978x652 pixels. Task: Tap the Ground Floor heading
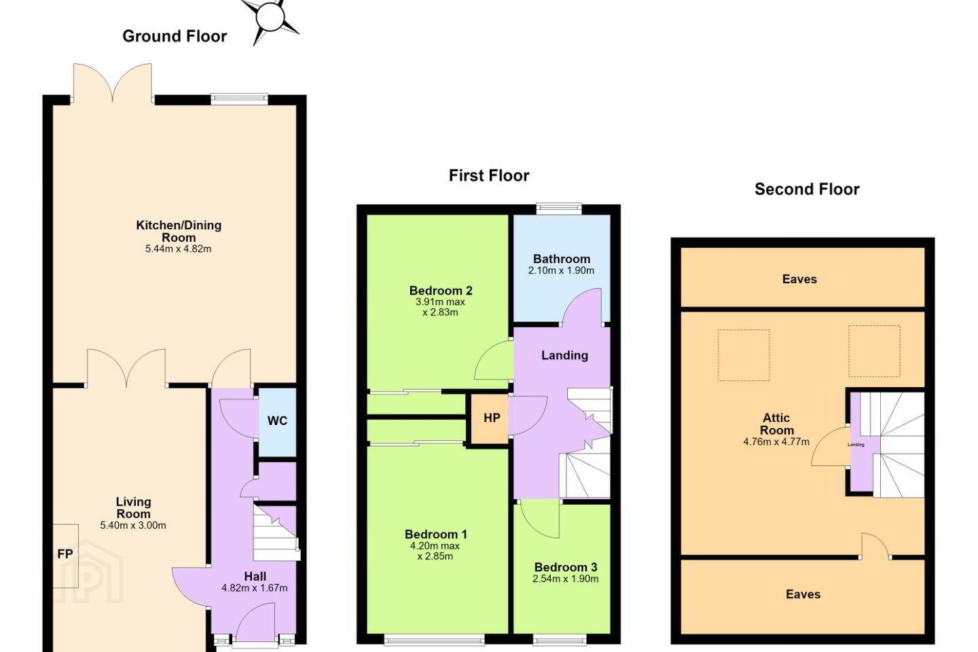coord(175,36)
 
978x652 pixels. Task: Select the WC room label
coord(277,420)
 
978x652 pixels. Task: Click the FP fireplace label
coord(65,554)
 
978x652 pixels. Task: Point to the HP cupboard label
coord(492,418)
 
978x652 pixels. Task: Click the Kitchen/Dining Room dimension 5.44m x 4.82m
coord(178,249)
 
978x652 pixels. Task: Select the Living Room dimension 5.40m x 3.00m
coord(133,526)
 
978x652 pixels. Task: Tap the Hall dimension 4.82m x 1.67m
coord(255,587)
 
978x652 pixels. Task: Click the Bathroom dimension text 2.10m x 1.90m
coord(561,270)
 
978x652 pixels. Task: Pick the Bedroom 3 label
coord(565,567)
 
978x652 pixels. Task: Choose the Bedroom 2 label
coord(441,291)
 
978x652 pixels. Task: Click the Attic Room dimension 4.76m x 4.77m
coord(776,441)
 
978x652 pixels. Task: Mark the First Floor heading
coord(489,175)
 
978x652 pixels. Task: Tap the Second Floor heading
coord(807,189)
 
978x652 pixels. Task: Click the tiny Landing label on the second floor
coord(856,445)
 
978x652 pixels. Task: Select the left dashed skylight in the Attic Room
coord(744,355)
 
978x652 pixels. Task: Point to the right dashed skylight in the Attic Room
coord(874,351)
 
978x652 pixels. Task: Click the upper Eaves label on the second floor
coord(799,279)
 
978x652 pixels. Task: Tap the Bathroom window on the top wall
coord(560,209)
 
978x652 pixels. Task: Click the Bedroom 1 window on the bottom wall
coord(435,640)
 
